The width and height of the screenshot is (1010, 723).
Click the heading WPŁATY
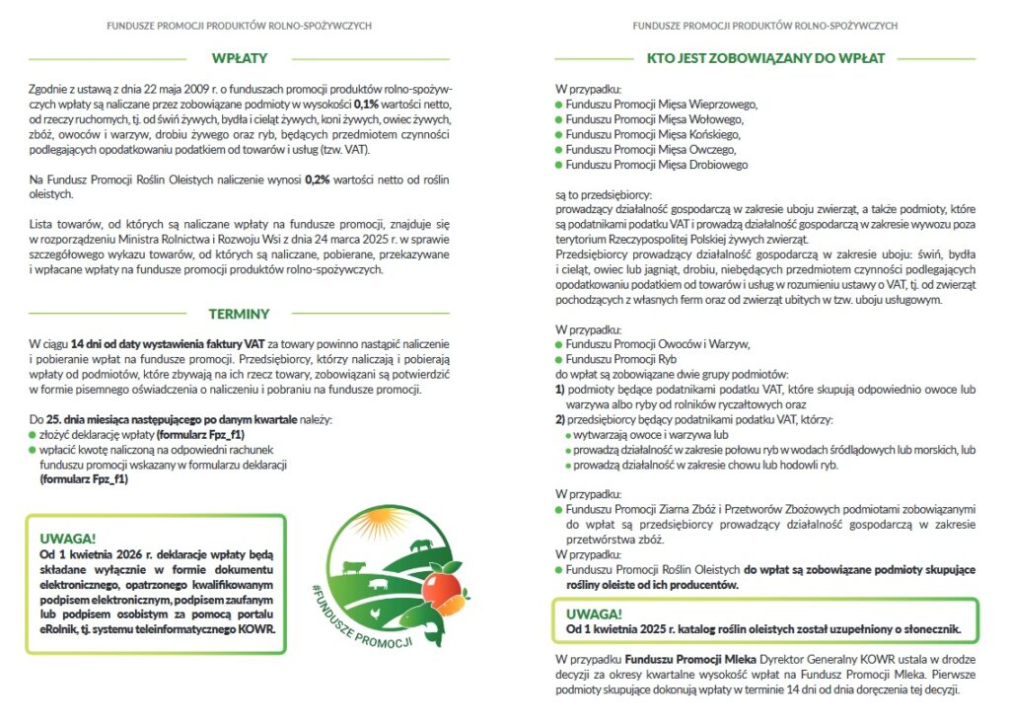pos(239,58)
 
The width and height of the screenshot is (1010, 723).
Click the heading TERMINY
pos(239,314)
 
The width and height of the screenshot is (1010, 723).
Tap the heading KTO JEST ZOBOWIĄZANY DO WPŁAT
pos(765,58)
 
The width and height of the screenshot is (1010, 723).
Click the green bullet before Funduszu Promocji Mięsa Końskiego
pos(558,134)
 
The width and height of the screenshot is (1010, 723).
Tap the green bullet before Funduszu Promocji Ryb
pos(558,360)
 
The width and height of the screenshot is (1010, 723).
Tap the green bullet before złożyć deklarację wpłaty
pos(33,434)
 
